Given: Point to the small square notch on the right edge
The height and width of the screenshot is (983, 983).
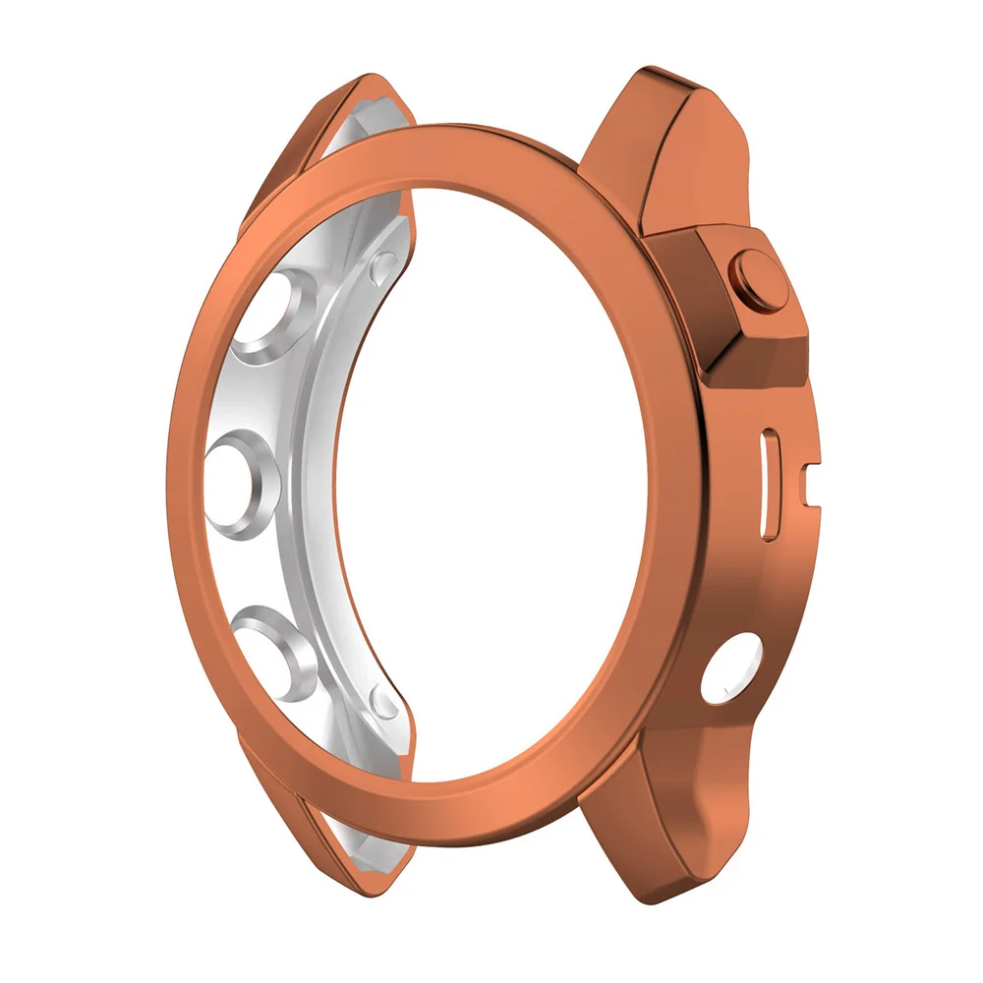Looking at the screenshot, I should [x=808, y=479].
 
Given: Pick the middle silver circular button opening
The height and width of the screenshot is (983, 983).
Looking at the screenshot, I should [x=242, y=474].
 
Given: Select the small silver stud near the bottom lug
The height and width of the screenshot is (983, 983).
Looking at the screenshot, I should [x=385, y=700].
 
